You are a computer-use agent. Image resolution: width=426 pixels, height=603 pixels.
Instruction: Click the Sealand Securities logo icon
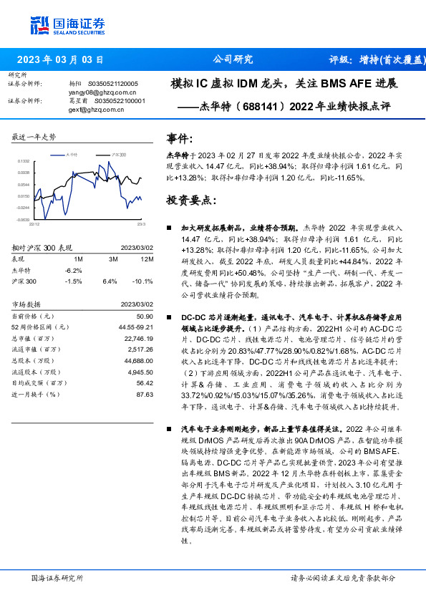tap(41, 24)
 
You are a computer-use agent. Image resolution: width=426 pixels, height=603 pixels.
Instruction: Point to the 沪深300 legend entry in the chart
tap(118, 155)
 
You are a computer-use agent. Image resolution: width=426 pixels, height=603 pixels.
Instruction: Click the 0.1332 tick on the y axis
tap(24, 163)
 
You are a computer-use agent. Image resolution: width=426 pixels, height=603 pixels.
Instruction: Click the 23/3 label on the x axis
tap(141, 223)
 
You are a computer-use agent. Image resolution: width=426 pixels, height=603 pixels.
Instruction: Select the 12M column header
tap(147, 259)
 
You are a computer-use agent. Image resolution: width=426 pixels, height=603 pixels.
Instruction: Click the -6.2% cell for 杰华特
tap(74, 270)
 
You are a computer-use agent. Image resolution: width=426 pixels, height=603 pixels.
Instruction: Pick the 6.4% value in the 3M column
tap(110, 281)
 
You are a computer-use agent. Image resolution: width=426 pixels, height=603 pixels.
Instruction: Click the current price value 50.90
tap(145, 316)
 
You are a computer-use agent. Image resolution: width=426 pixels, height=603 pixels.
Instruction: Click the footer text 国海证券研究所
tap(57, 577)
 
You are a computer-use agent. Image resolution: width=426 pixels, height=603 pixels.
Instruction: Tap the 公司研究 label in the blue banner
tap(233, 59)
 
